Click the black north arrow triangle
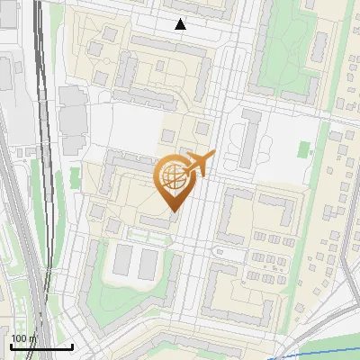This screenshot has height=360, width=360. click(x=181, y=24)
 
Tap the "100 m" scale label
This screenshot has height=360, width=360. click(x=23, y=338)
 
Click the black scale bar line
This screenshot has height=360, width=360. click(x=40, y=346)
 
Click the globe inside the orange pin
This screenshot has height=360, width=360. click(x=174, y=177)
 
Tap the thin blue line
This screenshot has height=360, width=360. click(x=306, y=346)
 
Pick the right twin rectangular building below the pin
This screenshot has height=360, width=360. click(x=148, y=262)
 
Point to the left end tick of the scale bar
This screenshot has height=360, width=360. click(x=10, y=346)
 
